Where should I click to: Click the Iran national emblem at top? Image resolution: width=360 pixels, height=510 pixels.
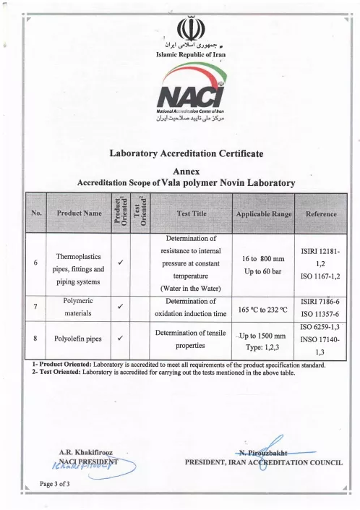pos(181,29)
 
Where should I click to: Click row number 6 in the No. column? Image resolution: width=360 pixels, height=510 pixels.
pos(35,263)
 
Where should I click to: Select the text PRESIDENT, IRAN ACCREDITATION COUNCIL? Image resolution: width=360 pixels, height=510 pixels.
pos(264,463)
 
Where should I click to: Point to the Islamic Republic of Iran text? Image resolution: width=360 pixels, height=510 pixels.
pos(180,54)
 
